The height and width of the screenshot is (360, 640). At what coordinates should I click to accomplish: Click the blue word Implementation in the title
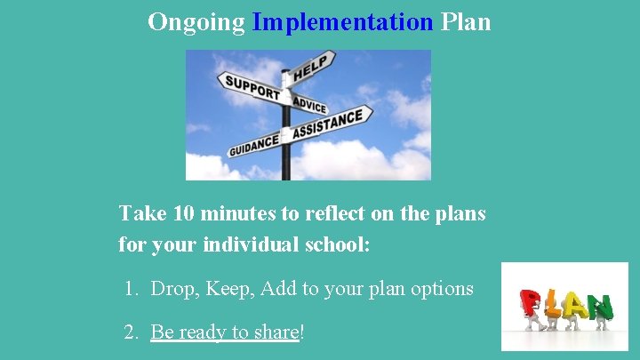click(x=342, y=21)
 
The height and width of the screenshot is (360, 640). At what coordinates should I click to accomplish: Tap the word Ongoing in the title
click(x=196, y=21)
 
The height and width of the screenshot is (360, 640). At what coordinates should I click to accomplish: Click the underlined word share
click(x=276, y=332)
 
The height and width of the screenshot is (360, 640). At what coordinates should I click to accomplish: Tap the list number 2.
click(x=132, y=332)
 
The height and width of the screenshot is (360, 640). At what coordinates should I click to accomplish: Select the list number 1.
click(x=131, y=289)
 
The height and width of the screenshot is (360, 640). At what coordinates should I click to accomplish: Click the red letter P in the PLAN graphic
click(x=532, y=303)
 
